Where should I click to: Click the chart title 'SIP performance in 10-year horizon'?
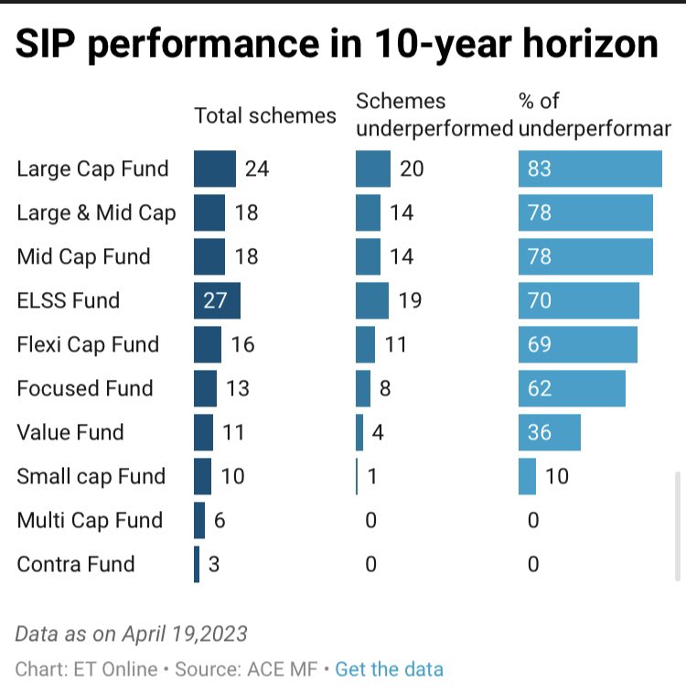(x=336, y=45)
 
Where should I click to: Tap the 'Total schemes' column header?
(x=265, y=115)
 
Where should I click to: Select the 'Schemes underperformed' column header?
(x=434, y=115)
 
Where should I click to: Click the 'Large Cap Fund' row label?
(x=93, y=168)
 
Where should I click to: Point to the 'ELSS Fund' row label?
(x=69, y=300)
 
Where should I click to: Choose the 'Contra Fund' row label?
(x=76, y=564)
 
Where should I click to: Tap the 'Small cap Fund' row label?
(x=91, y=476)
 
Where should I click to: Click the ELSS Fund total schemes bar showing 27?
(x=217, y=300)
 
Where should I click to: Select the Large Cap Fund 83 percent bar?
(x=590, y=168)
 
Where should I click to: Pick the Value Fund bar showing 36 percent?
(x=549, y=432)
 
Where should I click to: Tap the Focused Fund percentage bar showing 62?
(x=572, y=388)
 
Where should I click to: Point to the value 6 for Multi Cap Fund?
(x=220, y=520)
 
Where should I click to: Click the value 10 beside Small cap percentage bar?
(x=557, y=476)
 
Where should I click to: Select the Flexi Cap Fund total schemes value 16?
(x=242, y=344)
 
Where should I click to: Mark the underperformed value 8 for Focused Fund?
(x=385, y=388)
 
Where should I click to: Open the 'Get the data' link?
(x=389, y=669)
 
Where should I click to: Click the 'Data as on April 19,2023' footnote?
(x=132, y=634)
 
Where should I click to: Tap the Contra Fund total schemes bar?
(x=197, y=564)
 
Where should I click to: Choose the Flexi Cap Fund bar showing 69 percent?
(x=577, y=344)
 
